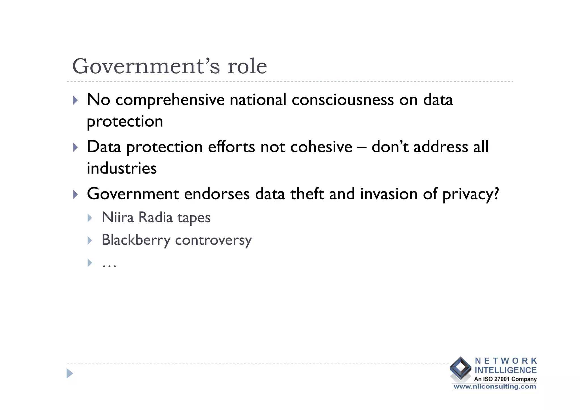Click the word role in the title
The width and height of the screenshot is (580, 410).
point(247,67)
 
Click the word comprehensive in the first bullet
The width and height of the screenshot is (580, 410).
point(170,100)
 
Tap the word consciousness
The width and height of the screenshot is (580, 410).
point(343,100)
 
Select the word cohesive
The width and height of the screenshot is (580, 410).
point(321,147)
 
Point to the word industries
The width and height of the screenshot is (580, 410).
point(121,168)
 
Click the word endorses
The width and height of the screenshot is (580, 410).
point(217,194)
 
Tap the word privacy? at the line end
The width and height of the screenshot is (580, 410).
point(470,194)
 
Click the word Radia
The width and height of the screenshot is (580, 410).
point(155,218)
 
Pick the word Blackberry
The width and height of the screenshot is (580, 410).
point(136,240)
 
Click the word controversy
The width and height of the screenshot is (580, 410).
point(213,240)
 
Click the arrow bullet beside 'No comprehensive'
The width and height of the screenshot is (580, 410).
point(75,100)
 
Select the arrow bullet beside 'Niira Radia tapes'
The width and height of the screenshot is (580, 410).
point(90,218)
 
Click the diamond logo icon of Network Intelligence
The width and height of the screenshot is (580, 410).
point(460,368)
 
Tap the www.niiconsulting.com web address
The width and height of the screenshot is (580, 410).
point(494,387)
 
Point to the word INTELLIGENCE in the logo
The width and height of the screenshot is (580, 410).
point(506,370)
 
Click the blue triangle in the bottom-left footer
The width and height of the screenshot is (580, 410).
point(70,373)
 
